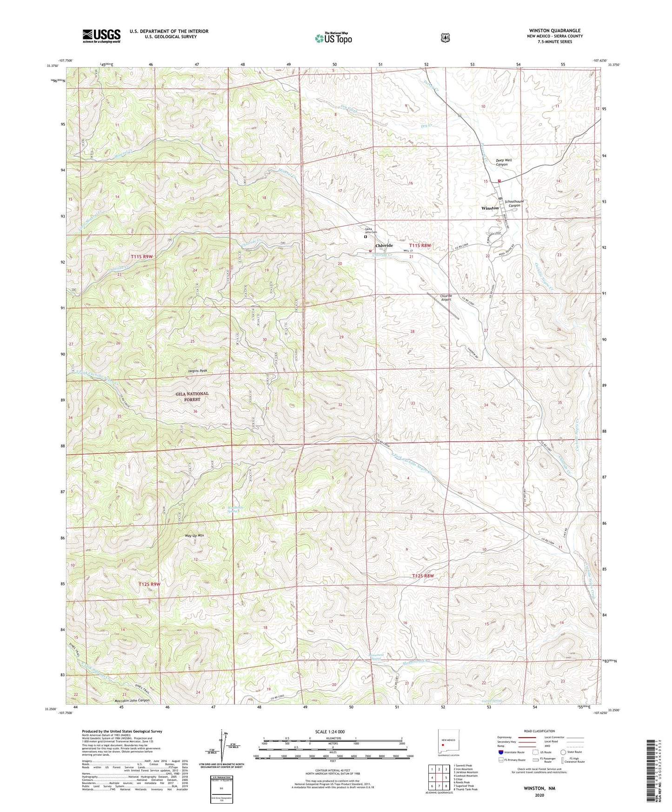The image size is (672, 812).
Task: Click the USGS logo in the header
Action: [101, 36]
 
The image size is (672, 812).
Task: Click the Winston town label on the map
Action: [490, 208]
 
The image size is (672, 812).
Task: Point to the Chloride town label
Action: [384, 246]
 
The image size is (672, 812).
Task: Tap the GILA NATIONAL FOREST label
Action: [192, 396]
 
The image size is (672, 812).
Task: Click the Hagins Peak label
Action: [198, 371]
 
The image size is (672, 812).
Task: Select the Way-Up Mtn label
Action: [194, 535]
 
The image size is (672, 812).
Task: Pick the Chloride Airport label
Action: [446, 298]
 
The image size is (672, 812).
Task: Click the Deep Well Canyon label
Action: [504, 162]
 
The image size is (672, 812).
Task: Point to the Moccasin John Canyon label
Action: [132, 700]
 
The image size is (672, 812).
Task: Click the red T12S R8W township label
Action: [422, 576]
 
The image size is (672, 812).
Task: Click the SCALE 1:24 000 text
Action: [330, 732]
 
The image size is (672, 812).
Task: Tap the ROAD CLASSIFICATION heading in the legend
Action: [539, 731]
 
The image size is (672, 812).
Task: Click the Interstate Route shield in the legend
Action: [500, 752]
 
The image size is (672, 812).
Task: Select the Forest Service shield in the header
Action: [446, 38]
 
